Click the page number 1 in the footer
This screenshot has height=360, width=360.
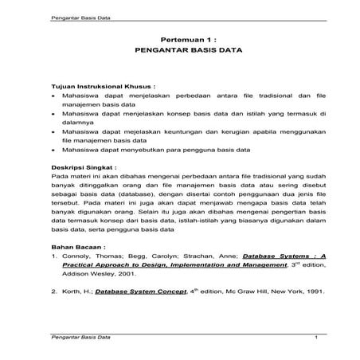point(316,339)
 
